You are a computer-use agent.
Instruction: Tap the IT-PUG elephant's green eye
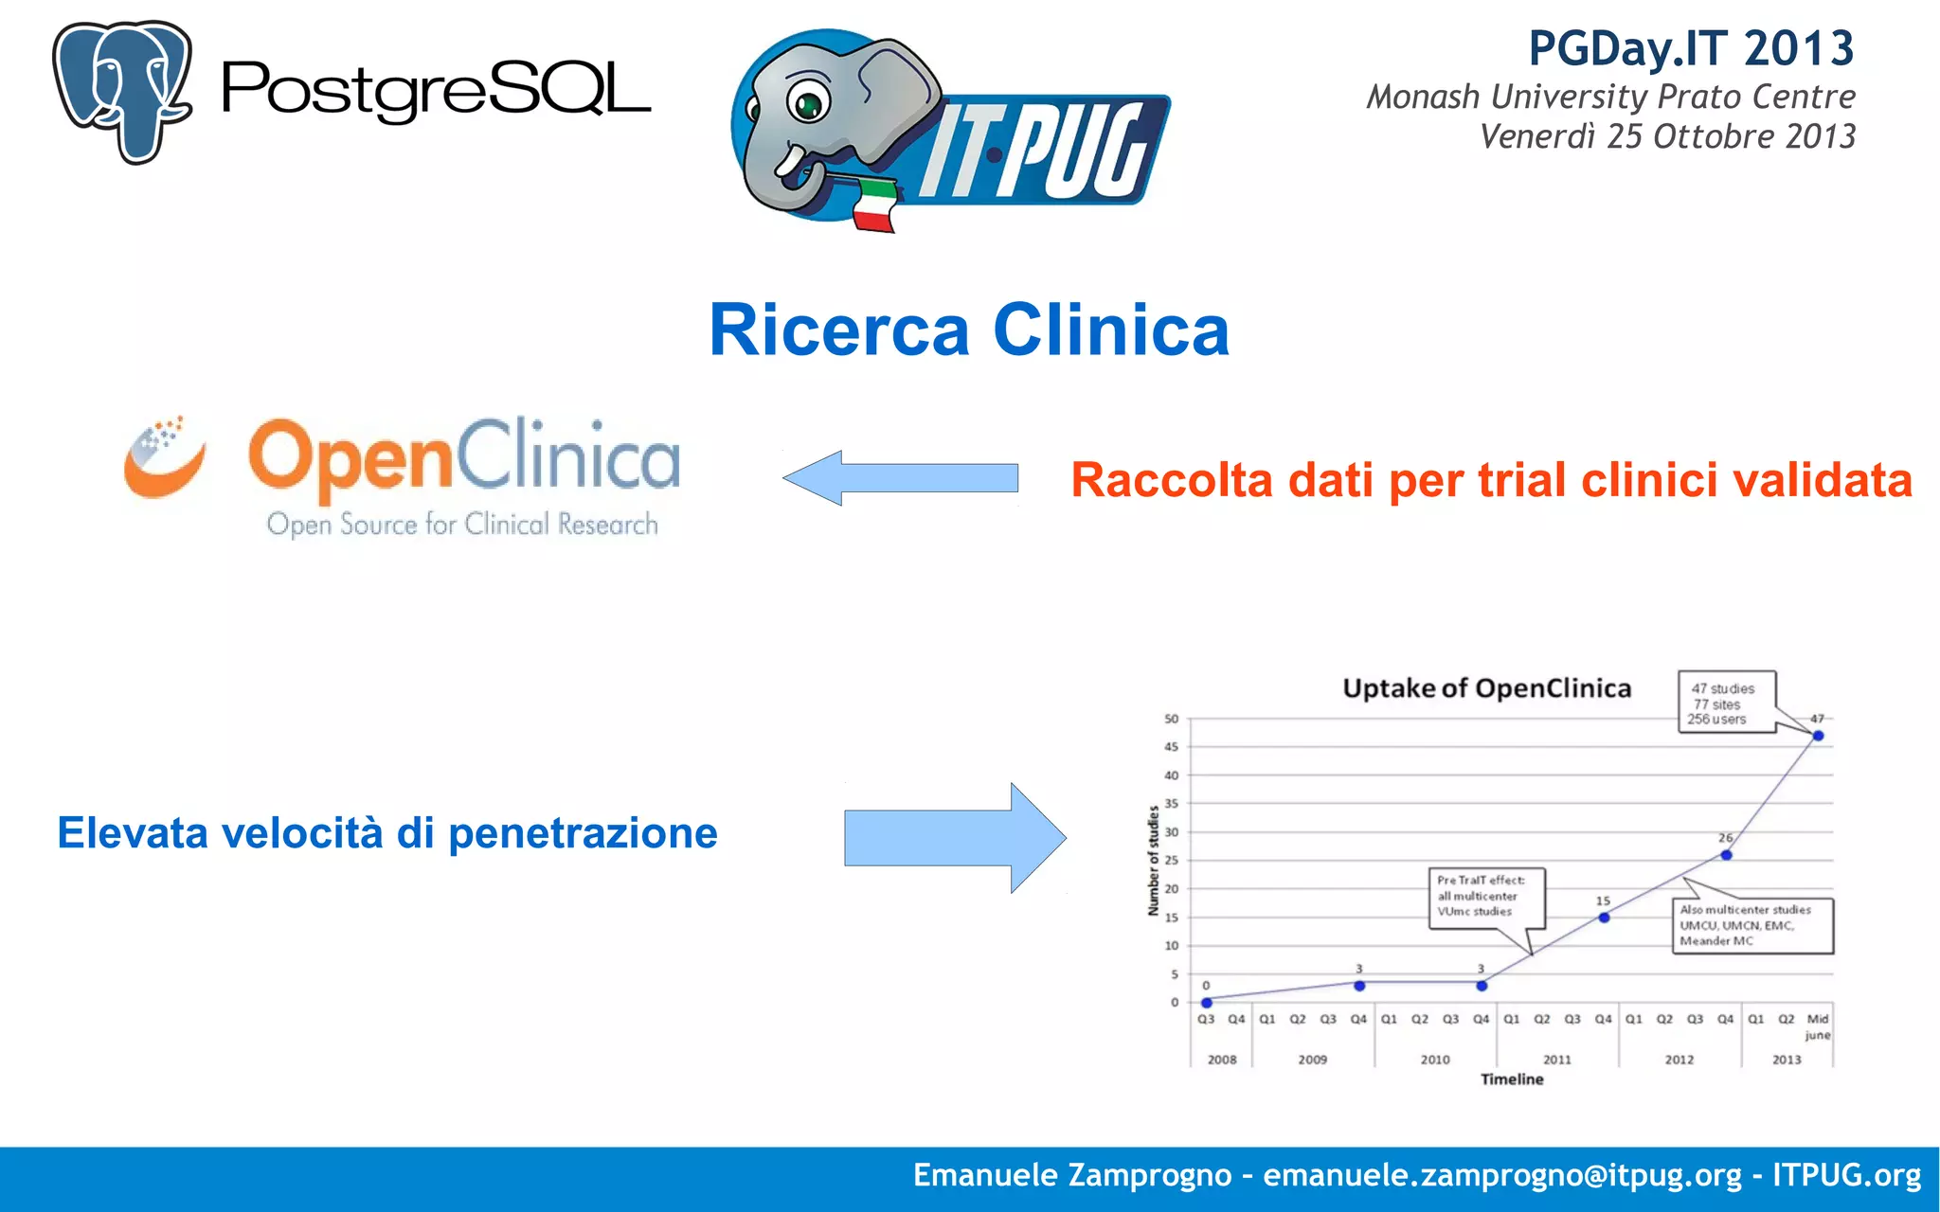point(808,103)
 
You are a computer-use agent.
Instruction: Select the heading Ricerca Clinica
point(969,330)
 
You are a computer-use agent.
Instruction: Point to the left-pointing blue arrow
point(900,477)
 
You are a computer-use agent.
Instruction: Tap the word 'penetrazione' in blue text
point(583,833)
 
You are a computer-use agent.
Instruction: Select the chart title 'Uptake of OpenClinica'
point(1486,688)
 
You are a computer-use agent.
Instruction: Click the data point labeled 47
point(1818,736)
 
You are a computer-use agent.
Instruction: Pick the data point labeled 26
point(1726,855)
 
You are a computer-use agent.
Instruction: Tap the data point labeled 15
point(1604,918)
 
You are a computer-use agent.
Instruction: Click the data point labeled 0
point(1206,1003)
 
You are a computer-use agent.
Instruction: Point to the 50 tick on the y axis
point(1172,719)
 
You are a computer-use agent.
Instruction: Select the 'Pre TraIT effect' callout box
point(1485,897)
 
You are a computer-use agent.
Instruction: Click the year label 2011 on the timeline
point(1557,1060)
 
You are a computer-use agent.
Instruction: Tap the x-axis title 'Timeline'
point(1512,1079)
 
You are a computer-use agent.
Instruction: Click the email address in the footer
point(1501,1175)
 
